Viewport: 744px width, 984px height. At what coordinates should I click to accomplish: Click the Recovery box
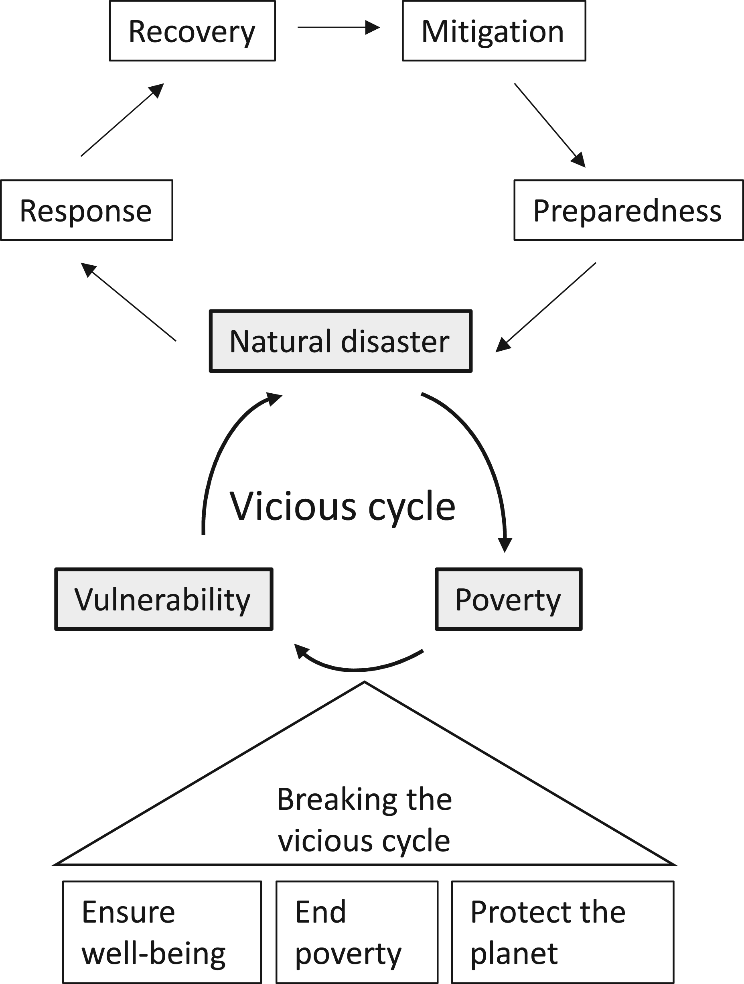click(x=192, y=30)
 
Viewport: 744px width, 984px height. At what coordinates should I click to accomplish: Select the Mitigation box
click(x=494, y=30)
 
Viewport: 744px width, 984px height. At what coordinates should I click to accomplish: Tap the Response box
click(x=87, y=210)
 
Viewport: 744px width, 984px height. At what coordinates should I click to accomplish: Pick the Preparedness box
click(x=628, y=210)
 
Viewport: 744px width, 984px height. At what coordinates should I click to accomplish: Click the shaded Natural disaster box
click(x=341, y=341)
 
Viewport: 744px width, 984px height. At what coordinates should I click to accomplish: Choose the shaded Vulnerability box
click(x=164, y=599)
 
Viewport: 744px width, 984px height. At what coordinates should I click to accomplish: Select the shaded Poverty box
click(x=508, y=599)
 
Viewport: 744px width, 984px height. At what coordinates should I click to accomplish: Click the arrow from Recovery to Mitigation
click(x=339, y=28)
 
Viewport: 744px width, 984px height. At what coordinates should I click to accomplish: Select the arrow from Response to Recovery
click(x=122, y=120)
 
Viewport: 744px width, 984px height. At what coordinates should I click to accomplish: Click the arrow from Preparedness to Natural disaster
click(x=545, y=307)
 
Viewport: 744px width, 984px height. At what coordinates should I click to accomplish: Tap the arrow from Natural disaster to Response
click(x=128, y=302)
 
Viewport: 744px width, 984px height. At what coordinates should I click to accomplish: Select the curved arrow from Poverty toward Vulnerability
click(x=356, y=669)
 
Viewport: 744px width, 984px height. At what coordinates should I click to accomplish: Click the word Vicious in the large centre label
click(x=293, y=506)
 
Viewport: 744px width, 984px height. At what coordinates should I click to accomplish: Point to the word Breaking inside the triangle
click(x=337, y=800)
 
